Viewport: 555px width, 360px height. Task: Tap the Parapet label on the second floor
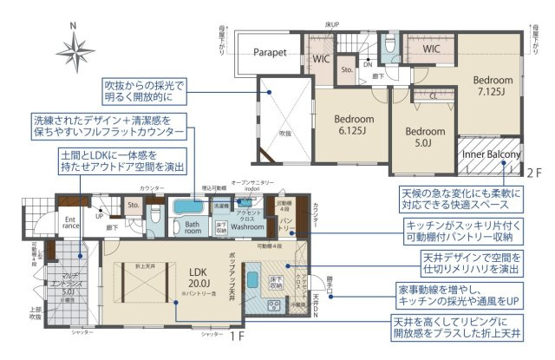[x=270, y=53]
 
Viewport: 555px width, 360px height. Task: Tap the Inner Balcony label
[x=491, y=156]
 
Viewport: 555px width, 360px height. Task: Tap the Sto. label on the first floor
[x=134, y=206]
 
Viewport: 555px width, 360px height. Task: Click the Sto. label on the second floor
[x=345, y=68]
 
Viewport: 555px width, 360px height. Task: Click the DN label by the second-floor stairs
[x=368, y=63]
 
